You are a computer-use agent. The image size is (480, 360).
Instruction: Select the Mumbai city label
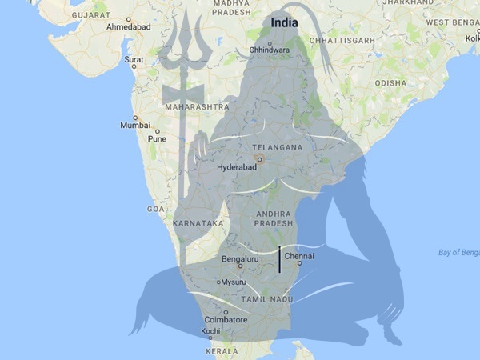click(134, 126)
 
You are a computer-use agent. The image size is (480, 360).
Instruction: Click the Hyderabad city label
click(237, 168)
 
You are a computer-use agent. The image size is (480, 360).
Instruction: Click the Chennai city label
click(299, 256)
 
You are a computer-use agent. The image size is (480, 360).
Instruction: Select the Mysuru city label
click(234, 282)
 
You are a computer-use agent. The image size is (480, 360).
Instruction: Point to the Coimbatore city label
click(224, 320)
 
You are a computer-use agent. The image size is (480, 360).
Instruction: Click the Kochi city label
click(211, 330)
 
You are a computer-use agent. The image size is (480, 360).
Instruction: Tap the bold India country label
click(285, 22)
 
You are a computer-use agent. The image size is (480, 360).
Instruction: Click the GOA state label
click(155, 208)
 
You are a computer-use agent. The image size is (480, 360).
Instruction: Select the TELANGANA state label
click(277, 148)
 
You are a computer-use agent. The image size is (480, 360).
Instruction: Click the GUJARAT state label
click(90, 14)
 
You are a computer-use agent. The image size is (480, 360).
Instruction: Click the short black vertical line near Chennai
click(279, 260)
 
